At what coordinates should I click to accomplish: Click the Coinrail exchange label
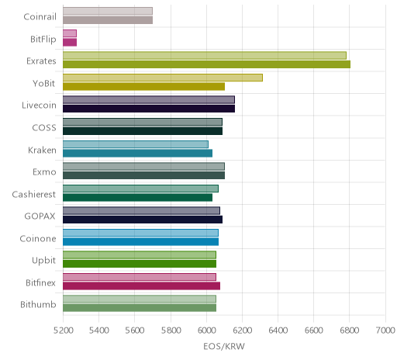point(40,16)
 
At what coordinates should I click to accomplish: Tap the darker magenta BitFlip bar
point(70,43)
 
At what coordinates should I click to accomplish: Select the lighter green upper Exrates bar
point(205,56)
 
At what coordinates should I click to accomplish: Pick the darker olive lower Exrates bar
point(207,64)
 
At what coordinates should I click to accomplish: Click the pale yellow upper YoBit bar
point(163,78)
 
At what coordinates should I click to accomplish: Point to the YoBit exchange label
point(43,83)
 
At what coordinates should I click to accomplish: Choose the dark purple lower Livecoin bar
point(149,109)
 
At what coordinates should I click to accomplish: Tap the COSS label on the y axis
point(44,127)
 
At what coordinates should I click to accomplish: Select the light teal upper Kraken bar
point(136,144)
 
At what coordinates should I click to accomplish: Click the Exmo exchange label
point(44,172)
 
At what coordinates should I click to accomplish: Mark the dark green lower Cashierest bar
point(138,198)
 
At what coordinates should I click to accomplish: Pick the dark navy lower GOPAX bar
point(143,220)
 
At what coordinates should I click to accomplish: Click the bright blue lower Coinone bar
point(141,242)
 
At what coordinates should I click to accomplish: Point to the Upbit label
point(43,260)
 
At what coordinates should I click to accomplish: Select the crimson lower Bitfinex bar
point(142,286)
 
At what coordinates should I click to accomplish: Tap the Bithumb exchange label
point(38,304)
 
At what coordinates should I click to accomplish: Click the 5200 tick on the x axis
point(63,331)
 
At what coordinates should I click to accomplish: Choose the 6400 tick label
point(278,331)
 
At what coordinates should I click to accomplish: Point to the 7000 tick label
point(385,331)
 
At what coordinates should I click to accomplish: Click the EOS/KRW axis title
point(224,346)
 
